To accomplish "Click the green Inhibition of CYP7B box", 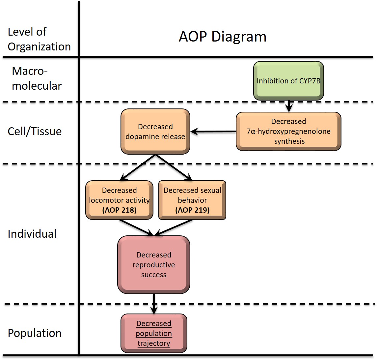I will tap(288, 80).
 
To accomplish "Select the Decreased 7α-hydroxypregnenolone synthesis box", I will tap(288, 131).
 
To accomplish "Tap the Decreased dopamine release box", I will tap(155, 131).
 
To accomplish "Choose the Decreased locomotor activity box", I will tap(119, 200).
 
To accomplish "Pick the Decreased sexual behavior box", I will tap(192, 200).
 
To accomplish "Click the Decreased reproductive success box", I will tap(154, 264).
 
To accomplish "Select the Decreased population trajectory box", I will tap(154, 333).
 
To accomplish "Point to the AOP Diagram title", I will tap(223, 36).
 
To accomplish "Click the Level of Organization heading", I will tap(39, 39).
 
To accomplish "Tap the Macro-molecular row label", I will tap(36, 78).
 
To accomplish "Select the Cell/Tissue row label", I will tap(35, 131).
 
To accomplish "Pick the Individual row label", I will tap(32, 234).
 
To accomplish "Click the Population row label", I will tap(35, 333).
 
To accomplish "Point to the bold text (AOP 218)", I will tap(119, 210).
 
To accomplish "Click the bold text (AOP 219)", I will tap(192, 210).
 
